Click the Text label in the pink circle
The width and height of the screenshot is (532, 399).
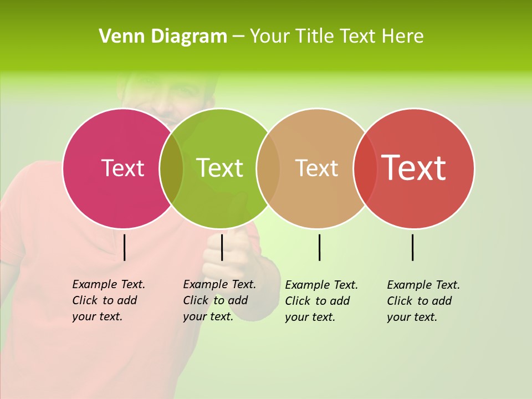(x=122, y=168)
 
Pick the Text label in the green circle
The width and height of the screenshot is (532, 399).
(x=220, y=168)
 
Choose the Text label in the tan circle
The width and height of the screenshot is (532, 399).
(x=316, y=168)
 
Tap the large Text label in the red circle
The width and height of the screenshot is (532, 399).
(x=414, y=168)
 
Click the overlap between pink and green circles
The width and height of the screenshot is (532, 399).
(x=171, y=168)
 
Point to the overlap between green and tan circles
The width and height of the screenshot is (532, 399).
(x=268, y=168)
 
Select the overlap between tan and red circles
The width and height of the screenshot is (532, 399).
(x=365, y=168)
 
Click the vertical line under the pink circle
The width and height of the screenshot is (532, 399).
(x=125, y=247)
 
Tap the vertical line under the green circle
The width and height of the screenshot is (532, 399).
(x=222, y=247)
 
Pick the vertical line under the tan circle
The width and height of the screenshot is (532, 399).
(x=320, y=247)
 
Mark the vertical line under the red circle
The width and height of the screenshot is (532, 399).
(x=413, y=247)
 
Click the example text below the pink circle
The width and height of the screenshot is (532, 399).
(x=108, y=300)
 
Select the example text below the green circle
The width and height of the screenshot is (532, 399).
(x=219, y=300)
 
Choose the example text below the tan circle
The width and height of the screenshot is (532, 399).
(x=321, y=301)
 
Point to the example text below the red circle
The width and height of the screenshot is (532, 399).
(x=423, y=301)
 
